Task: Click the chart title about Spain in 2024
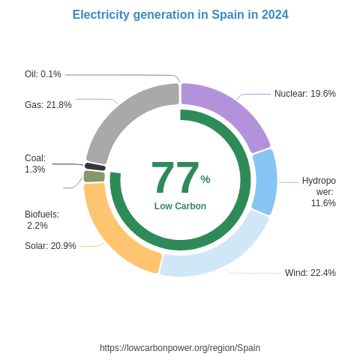point(180,15)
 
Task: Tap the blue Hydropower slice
point(265,181)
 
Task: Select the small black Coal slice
point(95,166)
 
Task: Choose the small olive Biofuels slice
point(94,176)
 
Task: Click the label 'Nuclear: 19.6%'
point(304,94)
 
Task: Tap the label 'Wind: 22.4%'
point(310,273)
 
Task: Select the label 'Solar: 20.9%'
point(50,246)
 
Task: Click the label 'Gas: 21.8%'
point(48,105)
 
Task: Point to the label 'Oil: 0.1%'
point(43,74)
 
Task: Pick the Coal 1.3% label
point(35,163)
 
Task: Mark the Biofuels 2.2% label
point(41,220)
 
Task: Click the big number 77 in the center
point(175,178)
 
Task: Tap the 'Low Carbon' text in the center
point(180,206)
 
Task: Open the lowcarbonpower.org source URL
point(180,348)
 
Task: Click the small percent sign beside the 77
point(205,179)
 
